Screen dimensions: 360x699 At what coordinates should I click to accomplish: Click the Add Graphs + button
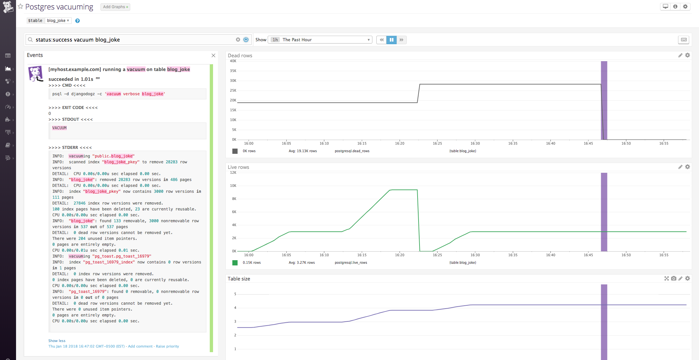(x=115, y=7)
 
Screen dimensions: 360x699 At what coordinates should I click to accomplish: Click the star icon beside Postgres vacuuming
(x=21, y=7)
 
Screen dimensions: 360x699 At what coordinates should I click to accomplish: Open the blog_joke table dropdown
(x=58, y=21)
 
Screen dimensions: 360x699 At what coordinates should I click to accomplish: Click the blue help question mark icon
(x=78, y=21)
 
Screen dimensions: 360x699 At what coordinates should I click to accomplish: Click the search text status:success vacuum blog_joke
(x=78, y=40)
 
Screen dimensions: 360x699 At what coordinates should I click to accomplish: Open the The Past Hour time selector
(x=320, y=40)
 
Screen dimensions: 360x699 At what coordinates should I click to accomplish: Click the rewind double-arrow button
(x=382, y=40)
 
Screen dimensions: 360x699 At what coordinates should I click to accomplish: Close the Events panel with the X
(x=213, y=55)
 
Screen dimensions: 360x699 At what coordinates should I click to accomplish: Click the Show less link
(x=57, y=341)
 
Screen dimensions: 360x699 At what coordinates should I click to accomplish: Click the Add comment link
(x=140, y=346)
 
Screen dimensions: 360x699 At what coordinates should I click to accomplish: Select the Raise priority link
(x=167, y=346)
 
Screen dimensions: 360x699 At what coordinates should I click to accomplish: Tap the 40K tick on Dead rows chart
(x=233, y=61)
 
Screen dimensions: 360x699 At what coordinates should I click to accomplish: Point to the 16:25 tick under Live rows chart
(x=437, y=255)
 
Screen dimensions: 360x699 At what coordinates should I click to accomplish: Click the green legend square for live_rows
(x=235, y=262)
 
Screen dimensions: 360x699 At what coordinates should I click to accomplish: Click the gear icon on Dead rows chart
(x=688, y=55)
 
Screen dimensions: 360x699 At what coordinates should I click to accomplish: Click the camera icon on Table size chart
(x=673, y=279)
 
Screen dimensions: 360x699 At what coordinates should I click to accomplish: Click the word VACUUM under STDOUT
(x=59, y=128)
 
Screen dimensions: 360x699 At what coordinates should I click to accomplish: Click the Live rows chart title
(x=238, y=167)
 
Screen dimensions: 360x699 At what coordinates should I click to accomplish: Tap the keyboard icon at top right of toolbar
(x=684, y=40)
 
